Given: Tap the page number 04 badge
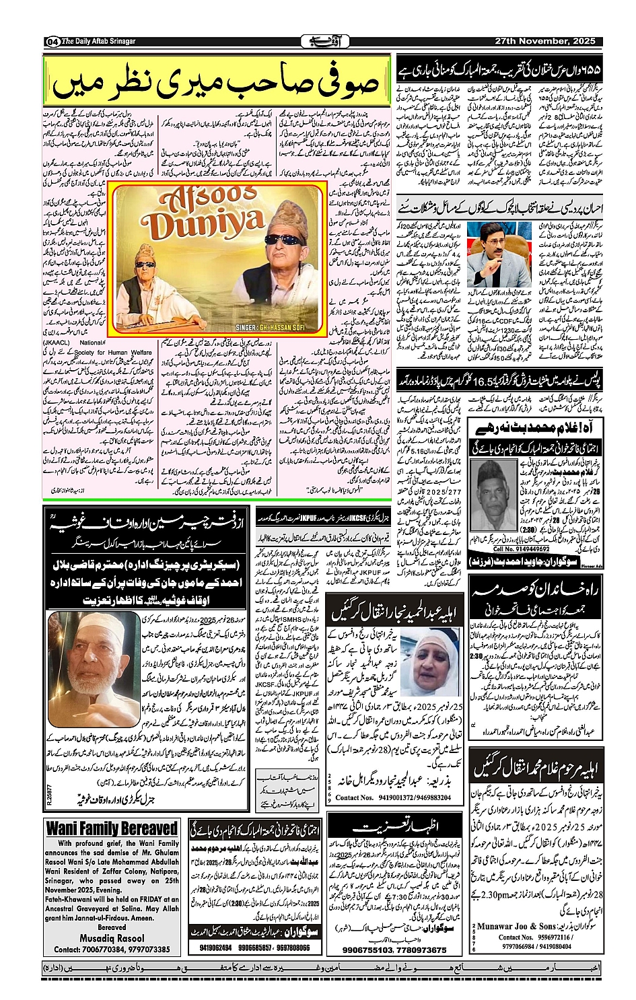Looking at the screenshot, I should (52, 42).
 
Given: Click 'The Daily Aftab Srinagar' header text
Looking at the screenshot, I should (99, 41).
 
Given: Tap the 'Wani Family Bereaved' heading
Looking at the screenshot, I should (112, 828).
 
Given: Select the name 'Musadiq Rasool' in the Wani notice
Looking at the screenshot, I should (112, 938).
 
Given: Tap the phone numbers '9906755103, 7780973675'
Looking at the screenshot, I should (394, 950).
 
